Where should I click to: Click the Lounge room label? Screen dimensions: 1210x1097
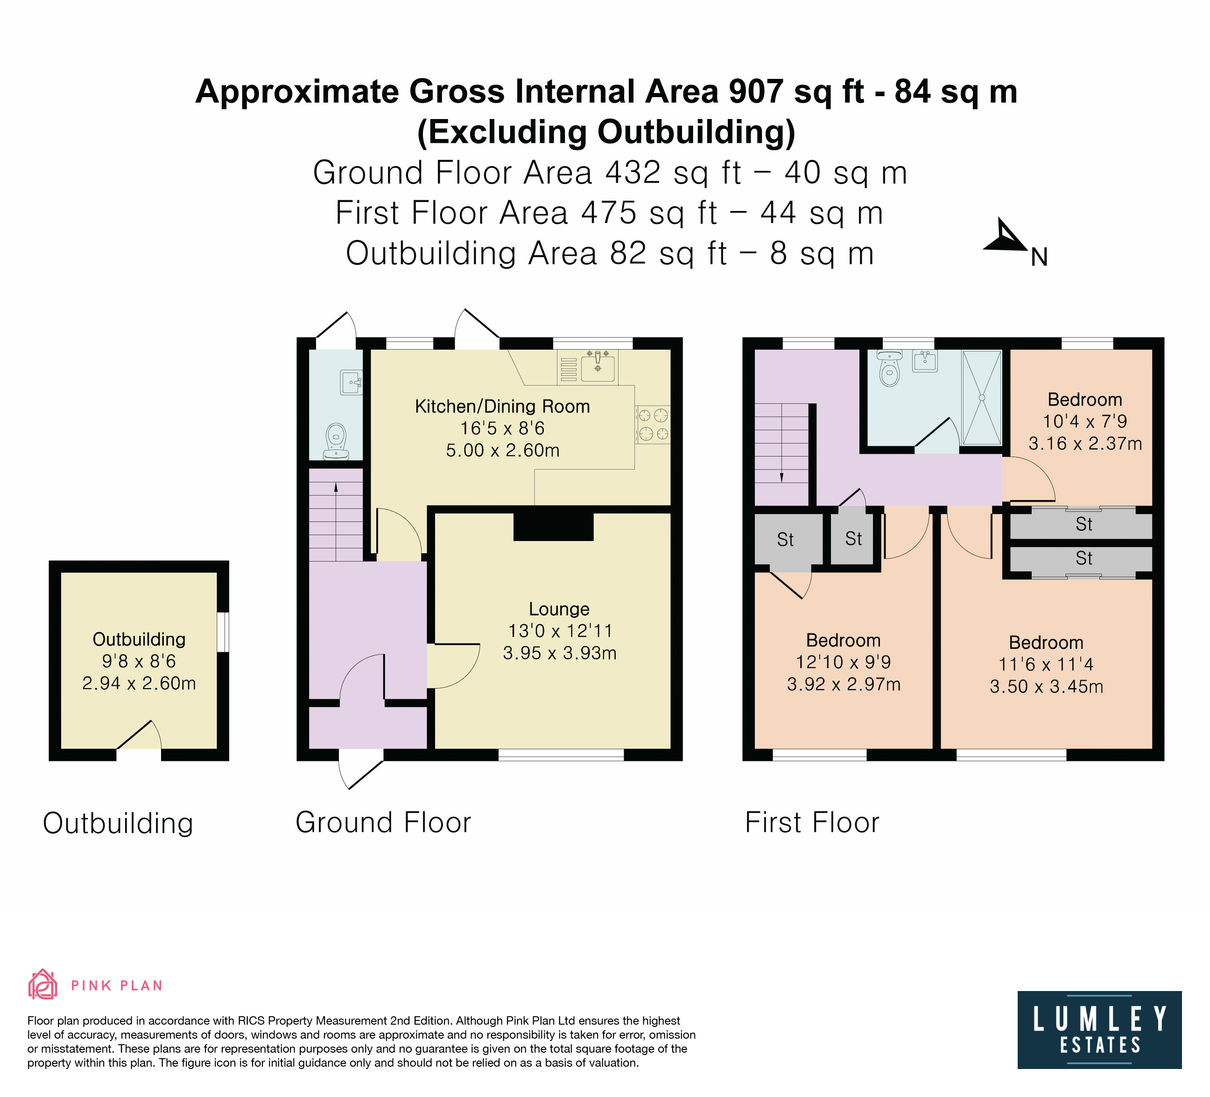pyautogui.click(x=559, y=609)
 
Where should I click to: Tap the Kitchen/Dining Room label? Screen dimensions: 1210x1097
pyautogui.click(x=502, y=406)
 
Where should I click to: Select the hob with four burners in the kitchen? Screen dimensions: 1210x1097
pyautogui.click(x=653, y=424)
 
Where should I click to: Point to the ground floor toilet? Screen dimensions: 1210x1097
pyautogui.click(x=336, y=441)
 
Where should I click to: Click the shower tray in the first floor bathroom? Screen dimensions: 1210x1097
pyautogui.click(x=981, y=397)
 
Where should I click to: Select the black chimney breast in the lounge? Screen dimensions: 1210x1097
pyautogui.click(x=553, y=526)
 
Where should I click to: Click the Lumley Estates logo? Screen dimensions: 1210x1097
pyautogui.click(x=1099, y=1030)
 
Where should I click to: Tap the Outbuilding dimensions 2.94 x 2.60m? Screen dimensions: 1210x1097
pyautogui.click(x=139, y=683)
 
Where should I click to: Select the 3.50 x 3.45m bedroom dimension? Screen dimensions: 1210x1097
pyautogui.click(x=1046, y=686)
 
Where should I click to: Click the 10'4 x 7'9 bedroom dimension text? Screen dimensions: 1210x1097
pyautogui.click(x=1084, y=421)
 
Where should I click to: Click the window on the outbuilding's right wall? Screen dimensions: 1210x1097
pyautogui.click(x=223, y=631)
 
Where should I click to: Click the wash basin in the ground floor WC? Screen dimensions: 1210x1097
pyautogui.click(x=351, y=382)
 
